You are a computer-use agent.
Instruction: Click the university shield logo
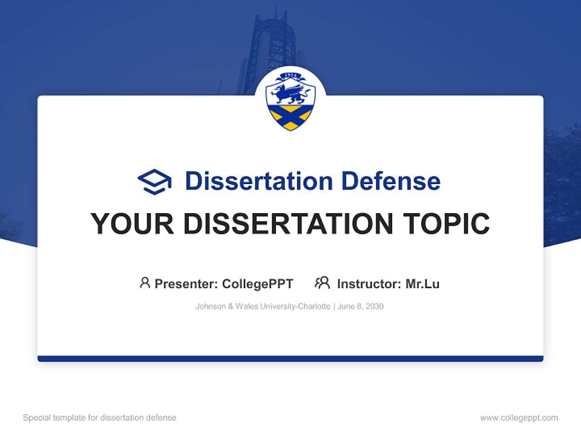(290, 101)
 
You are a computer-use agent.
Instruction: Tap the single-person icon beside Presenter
(145, 283)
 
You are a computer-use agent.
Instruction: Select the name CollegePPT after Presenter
(258, 284)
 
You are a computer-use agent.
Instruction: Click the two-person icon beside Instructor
(322, 283)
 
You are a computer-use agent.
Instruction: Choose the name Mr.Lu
(422, 284)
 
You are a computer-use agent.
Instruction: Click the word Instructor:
(369, 284)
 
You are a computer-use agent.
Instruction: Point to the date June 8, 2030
(361, 306)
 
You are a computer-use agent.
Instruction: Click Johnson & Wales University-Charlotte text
(263, 306)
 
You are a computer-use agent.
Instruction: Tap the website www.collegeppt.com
(519, 418)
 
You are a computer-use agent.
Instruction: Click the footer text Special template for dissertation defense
(99, 418)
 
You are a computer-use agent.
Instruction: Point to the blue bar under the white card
(290, 358)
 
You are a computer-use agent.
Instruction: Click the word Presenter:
(186, 284)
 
